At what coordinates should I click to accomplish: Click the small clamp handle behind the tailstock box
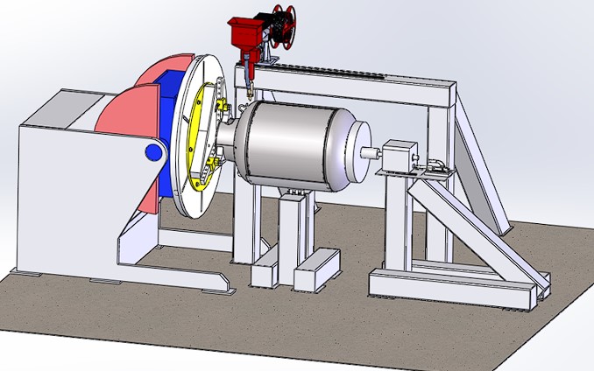tap(436, 164)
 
